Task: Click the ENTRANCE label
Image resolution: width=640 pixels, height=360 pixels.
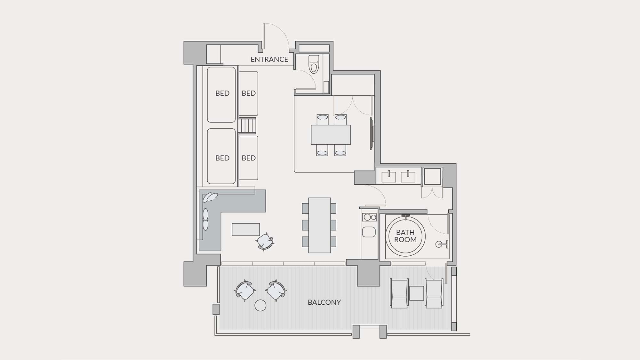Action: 269,59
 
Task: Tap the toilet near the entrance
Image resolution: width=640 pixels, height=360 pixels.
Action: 314,64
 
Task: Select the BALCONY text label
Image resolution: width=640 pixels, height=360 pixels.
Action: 324,302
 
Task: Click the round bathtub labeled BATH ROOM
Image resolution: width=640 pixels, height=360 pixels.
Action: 405,236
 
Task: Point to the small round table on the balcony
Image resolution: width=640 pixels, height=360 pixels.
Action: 260,305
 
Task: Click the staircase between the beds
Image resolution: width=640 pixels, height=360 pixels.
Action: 247,126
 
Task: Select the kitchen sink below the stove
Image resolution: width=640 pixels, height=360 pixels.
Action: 369,232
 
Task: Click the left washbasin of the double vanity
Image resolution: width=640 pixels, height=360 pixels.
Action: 389,177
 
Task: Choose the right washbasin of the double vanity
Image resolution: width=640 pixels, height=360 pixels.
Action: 408,177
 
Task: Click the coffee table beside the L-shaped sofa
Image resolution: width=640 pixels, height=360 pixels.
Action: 246,229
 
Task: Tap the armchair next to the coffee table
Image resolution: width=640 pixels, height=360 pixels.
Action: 265,242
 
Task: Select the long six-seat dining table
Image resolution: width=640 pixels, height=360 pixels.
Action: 319,225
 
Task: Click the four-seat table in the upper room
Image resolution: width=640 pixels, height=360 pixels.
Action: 331,135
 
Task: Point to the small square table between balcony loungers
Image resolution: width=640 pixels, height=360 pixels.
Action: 417,293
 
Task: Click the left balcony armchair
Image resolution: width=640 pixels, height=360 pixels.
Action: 245,291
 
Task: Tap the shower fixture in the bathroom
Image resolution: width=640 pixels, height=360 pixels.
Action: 442,244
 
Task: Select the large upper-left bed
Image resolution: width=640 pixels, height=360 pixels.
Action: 221,94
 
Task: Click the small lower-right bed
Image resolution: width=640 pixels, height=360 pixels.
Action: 249,158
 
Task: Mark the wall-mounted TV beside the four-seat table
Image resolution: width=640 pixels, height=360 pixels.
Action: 372,133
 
